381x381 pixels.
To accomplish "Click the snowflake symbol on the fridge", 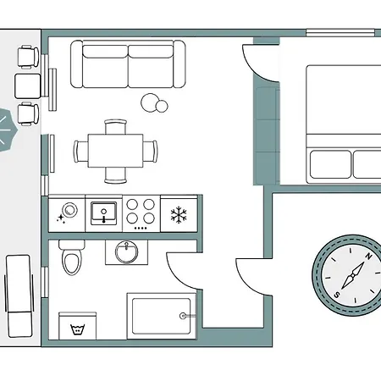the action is point(179,215).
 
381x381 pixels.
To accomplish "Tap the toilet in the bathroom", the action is point(72,257).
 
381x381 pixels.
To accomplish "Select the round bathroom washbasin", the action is point(127,252).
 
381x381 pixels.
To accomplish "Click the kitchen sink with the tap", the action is point(103,213).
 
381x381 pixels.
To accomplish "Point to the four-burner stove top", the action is point(141,213).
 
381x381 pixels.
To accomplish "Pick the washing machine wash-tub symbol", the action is point(77,329).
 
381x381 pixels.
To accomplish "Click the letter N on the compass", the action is point(368,257).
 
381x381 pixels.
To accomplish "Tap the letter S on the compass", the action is point(337,295).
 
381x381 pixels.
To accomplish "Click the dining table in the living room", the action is point(115,151).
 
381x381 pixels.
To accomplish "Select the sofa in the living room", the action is point(128,64).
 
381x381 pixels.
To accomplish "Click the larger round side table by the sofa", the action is point(150,102).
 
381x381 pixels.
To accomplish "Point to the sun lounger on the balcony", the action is point(19,296).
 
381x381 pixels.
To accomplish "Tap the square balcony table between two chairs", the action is point(28,86).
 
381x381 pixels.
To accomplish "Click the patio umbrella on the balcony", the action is point(6,130).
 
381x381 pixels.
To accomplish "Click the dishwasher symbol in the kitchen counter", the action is point(67,213).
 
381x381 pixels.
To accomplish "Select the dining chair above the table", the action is point(115,127).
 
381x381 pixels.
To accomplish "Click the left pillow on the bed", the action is point(330,164).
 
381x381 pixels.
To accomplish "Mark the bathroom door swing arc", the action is point(178,276).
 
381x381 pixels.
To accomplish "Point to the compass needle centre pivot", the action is point(352,276).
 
